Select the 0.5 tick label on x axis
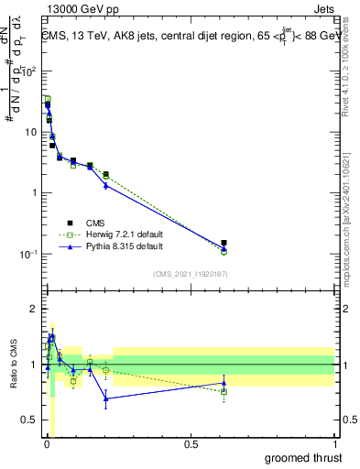click(x=190, y=444)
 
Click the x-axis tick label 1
click(x=334, y=444)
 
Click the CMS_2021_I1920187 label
click(x=190, y=273)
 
